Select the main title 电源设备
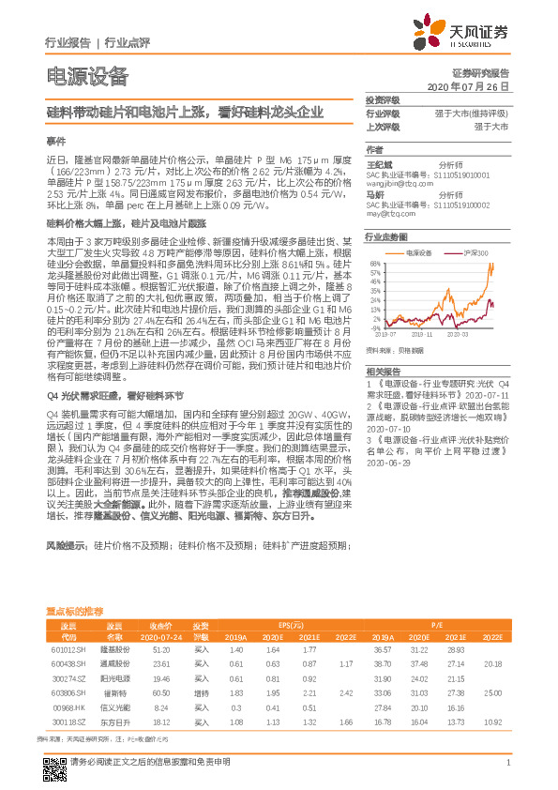86,77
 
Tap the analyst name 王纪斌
380,163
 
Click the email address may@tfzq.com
385,211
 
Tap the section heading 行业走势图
386,238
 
